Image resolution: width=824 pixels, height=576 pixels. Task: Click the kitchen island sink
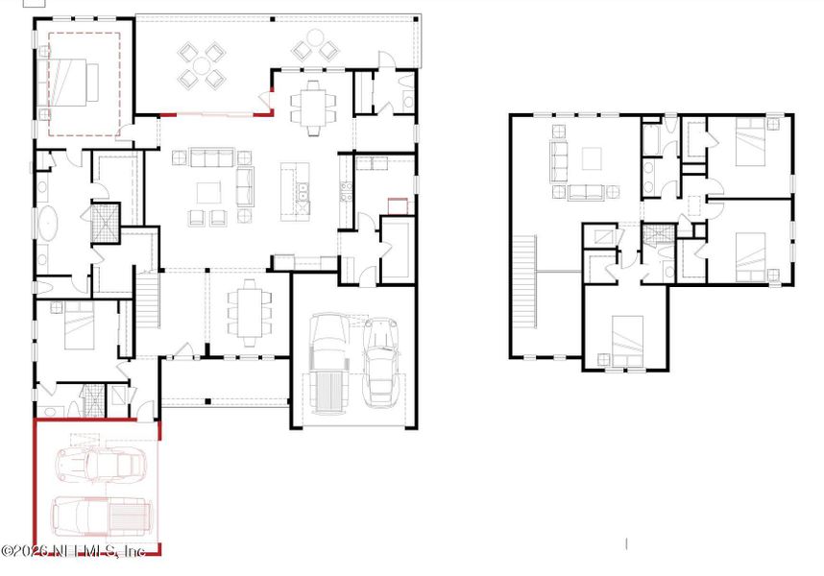tap(303, 200)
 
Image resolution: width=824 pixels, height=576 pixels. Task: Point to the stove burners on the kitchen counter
tap(343, 192)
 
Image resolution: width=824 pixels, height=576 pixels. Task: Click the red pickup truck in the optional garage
tap(100, 516)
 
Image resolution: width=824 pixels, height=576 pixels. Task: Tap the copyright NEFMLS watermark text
tap(73, 551)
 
